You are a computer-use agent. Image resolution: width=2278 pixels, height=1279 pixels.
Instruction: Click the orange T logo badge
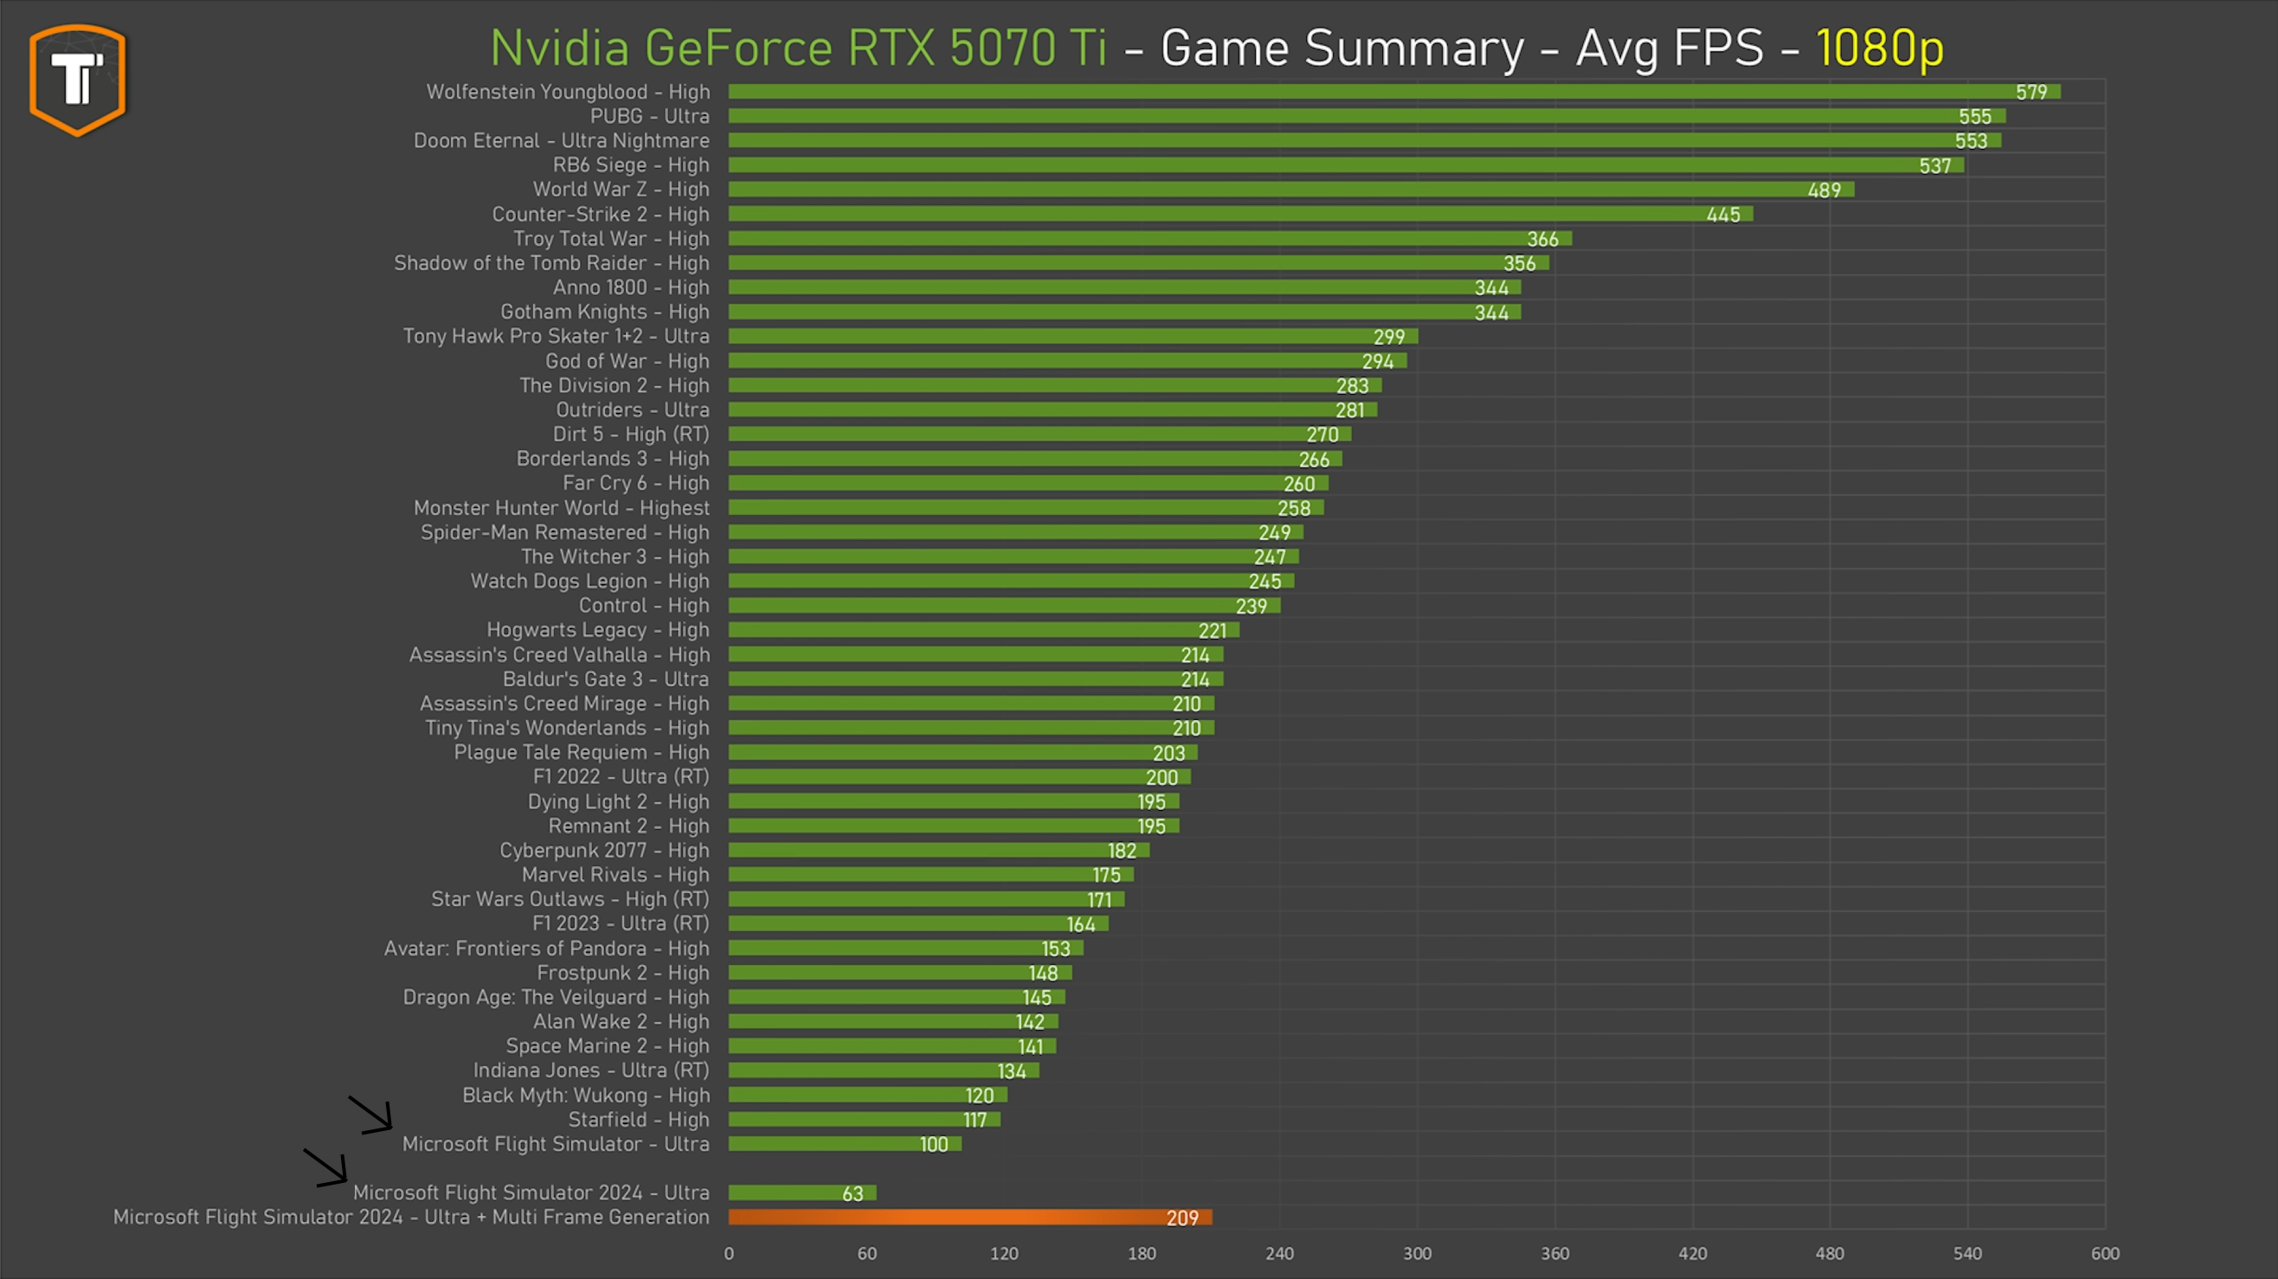click(78, 80)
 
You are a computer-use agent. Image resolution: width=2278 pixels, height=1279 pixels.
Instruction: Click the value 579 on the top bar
click(2030, 92)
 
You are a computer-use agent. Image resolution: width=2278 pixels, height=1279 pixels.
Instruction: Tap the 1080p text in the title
click(1879, 48)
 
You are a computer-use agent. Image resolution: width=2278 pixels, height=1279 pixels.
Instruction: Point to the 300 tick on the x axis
click(1417, 1253)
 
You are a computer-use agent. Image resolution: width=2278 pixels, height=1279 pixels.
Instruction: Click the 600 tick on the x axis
click(2105, 1253)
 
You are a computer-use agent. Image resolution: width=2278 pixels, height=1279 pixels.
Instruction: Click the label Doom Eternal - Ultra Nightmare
click(562, 140)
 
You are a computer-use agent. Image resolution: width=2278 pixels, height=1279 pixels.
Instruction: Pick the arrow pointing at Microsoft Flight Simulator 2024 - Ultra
click(325, 1167)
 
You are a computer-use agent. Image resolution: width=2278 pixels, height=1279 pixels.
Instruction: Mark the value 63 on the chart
click(852, 1193)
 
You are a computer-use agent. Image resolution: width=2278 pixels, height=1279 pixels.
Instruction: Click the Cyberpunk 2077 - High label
click(604, 851)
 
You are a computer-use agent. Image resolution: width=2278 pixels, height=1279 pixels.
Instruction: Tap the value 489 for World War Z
click(1824, 190)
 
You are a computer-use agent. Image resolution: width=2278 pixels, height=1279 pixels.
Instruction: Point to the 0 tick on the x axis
click(729, 1253)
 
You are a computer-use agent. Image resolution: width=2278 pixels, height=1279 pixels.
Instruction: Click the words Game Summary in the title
click(1342, 48)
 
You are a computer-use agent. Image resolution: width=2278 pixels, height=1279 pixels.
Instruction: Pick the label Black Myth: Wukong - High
click(585, 1096)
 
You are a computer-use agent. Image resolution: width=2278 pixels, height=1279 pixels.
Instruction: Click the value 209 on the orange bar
click(1181, 1218)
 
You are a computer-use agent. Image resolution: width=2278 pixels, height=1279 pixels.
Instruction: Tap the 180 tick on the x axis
click(1142, 1253)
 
